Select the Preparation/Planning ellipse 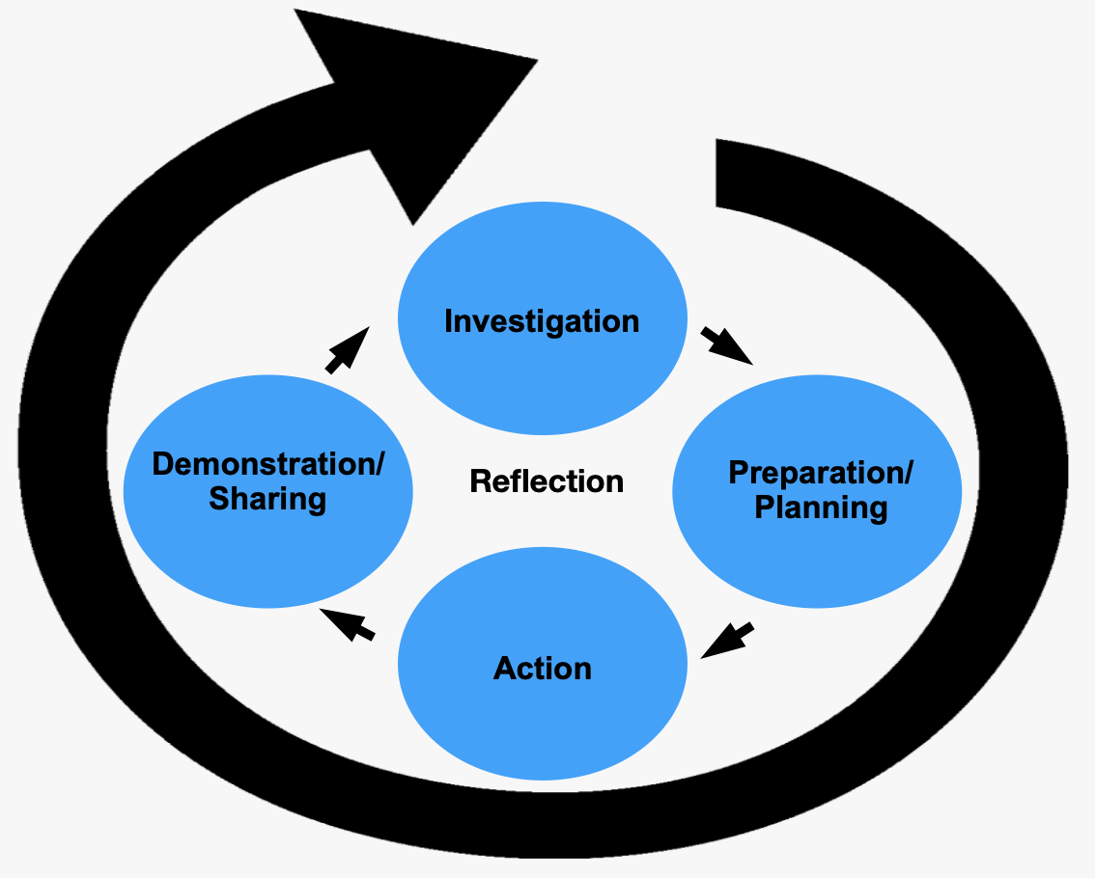817,540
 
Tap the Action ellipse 543,714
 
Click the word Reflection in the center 547,480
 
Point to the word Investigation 542,321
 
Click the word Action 543,669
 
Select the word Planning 821,508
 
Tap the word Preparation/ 820,474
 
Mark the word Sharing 267,500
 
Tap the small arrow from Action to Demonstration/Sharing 348,625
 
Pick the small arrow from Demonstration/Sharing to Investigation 348,349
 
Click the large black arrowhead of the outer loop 406,106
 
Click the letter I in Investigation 449,321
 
